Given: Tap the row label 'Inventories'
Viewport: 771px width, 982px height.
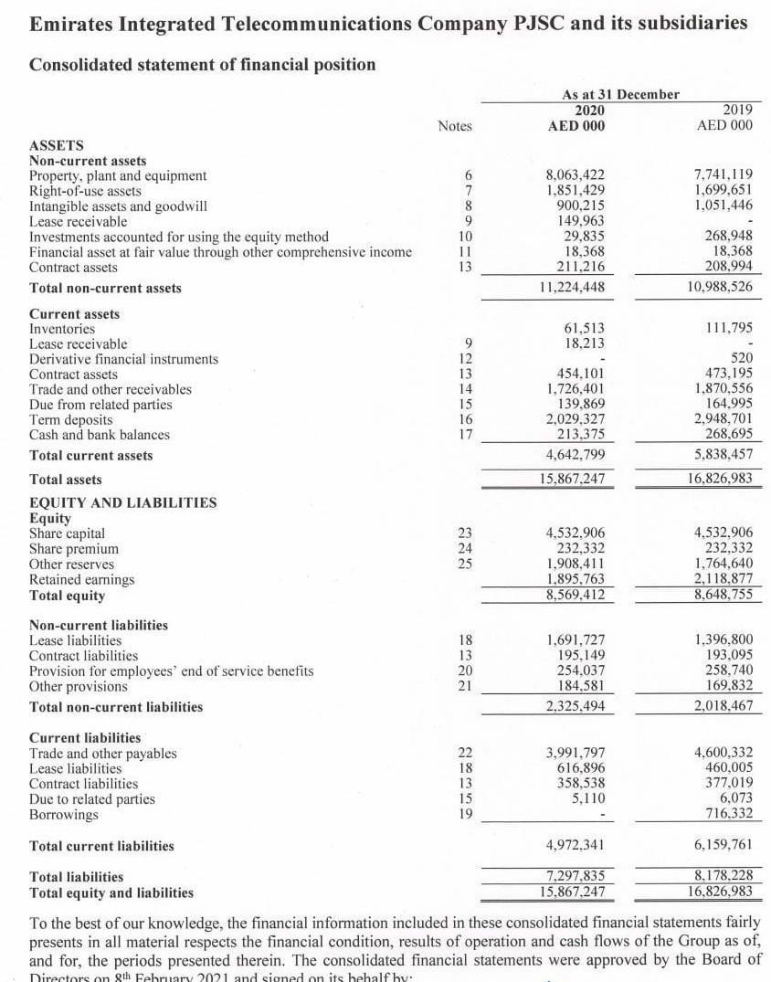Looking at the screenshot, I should click(x=62, y=329).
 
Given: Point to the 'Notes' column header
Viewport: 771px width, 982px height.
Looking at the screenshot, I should click(x=455, y=126).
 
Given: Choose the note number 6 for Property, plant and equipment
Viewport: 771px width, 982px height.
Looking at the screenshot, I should click(x=468, y=175).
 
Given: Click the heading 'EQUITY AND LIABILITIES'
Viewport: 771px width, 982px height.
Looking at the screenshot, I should click(x=123, y=502).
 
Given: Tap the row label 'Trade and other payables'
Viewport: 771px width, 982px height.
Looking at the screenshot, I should click(x=103, y=754).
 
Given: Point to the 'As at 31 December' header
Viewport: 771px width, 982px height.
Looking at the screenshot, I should click(x=620, y=94).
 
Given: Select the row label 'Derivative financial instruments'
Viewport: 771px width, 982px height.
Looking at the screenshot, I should click(x=123, y=359).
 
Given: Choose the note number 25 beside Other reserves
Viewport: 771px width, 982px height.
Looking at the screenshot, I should click(x=467, y=565).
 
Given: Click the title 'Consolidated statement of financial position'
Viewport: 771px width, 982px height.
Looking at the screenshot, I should click(x=202, y=64).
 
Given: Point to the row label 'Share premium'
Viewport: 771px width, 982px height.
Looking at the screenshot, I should click(x=74, y=549).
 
